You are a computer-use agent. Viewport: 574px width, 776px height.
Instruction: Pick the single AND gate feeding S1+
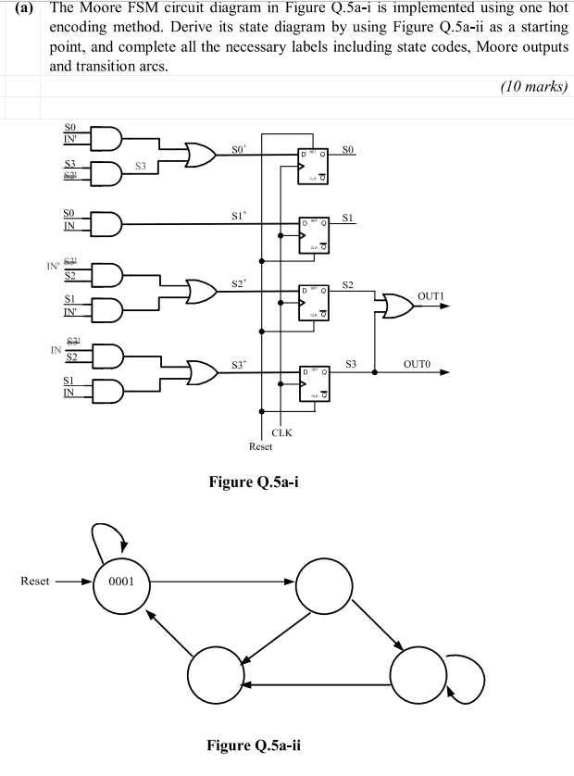104,223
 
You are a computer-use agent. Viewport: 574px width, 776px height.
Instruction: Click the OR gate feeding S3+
199,373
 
